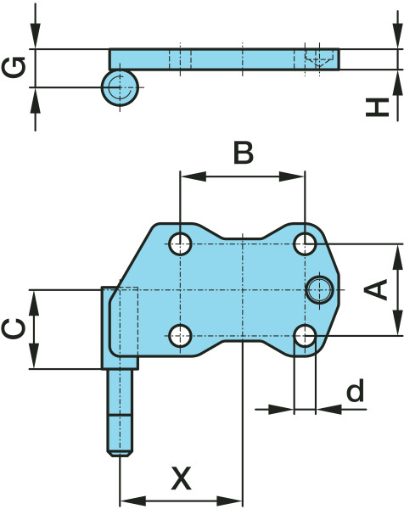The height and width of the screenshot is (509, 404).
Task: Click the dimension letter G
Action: click(x=14, y=68)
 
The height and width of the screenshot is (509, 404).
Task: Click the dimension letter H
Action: click(x=378, y=107)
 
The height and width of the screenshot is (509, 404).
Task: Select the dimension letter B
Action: click(x=244, y=153)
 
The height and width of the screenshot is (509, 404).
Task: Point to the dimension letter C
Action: click(x=14, y=328)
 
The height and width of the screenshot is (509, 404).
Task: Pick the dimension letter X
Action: click(x=182, y=478)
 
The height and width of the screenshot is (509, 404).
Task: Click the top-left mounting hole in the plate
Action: click(x=180, y=243)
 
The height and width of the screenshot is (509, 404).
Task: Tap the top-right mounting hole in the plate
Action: click(x=305, y=243)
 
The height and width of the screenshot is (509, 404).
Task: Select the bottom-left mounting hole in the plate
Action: click(x=180, y=336)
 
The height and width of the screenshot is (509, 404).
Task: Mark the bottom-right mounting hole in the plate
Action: click(x=305, y=336)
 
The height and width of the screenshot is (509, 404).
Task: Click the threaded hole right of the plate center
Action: click(x=320, y=289)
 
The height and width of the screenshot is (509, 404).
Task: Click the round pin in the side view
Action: click(x=120, y=87)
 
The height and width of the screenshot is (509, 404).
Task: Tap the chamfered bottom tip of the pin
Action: click(x=120, y=453)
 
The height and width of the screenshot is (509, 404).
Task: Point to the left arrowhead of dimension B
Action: click(x=194, y=176)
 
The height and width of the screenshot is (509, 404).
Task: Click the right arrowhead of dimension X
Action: click(x=230, y=501)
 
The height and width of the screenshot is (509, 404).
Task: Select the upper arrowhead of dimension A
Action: click(x=397, y=257)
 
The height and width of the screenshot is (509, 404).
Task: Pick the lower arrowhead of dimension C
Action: click(x=34, y=355)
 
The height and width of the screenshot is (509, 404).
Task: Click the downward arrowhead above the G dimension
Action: click(x=36, y=36)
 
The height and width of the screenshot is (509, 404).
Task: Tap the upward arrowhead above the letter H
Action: click(x=397, y=83)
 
